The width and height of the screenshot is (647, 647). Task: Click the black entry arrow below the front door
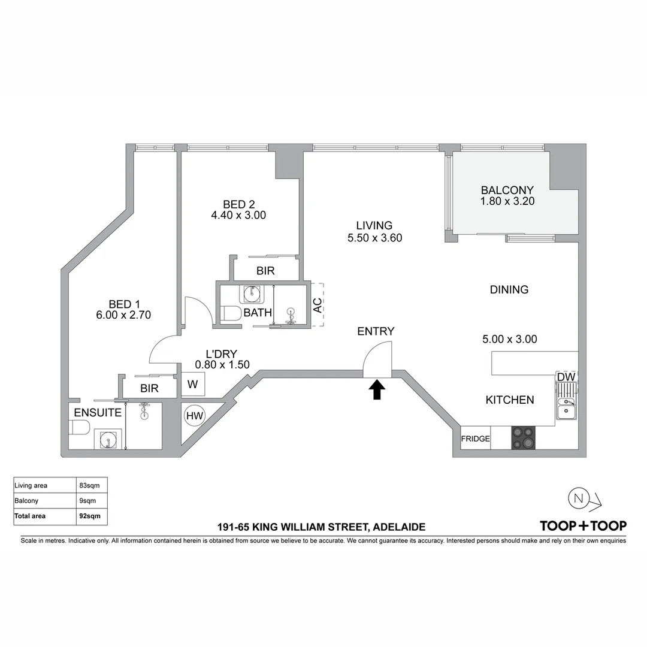(376, 391)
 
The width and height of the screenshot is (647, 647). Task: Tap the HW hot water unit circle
(194, 415)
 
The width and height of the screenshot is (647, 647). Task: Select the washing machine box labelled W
(193, 385)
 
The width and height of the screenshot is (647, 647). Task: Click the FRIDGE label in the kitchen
(475, 439)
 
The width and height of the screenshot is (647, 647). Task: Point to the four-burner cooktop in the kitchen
(522, 437)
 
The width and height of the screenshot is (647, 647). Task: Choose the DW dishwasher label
(566, 377)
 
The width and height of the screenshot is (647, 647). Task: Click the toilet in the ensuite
(79, 427)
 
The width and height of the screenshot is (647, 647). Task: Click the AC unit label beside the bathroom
(318, 304)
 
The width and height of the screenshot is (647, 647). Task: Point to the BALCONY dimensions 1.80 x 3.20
(507, 202)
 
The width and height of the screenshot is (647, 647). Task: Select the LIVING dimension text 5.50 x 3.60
(374, 238)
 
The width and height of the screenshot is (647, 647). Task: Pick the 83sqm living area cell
(89, 485)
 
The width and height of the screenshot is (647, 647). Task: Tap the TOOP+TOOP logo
(583, 526)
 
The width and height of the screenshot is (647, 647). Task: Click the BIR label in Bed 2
(265, 271)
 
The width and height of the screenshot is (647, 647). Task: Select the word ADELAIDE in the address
(399, 527)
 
